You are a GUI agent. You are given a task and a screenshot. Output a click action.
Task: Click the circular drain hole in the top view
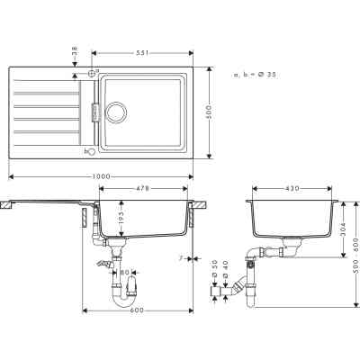[x=116, y=114]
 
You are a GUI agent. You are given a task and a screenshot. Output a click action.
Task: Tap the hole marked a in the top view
[x=92, y=71]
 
